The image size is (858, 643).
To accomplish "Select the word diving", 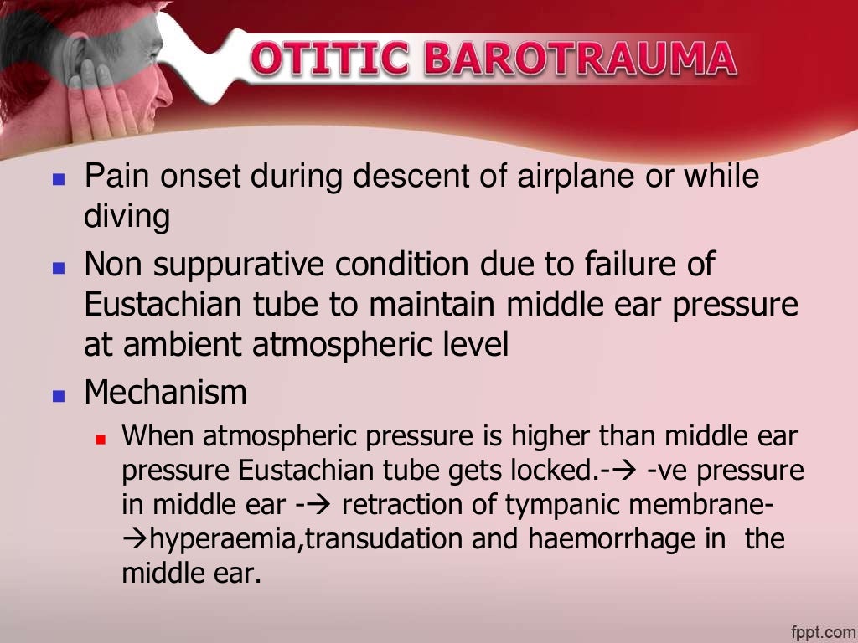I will point(127,218).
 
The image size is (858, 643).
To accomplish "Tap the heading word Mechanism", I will point(166,392).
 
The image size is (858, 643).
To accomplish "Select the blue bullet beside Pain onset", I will point(58,180).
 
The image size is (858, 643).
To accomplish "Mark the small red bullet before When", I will point(101,439).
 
